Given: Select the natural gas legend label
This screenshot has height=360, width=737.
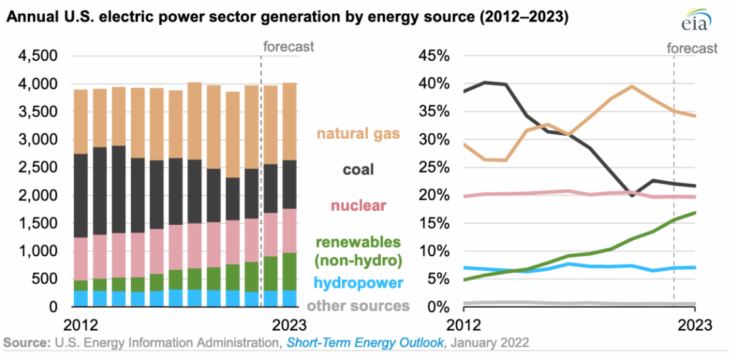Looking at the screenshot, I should click(x=358, y=133).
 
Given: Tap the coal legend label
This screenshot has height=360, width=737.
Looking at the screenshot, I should click(x=359, y=169).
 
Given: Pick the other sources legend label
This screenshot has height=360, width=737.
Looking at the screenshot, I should click(x=358, y=305).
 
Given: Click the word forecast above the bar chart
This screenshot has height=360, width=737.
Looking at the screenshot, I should click(x=288, y=46).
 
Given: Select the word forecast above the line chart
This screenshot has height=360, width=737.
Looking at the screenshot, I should click(x=692, y=48).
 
